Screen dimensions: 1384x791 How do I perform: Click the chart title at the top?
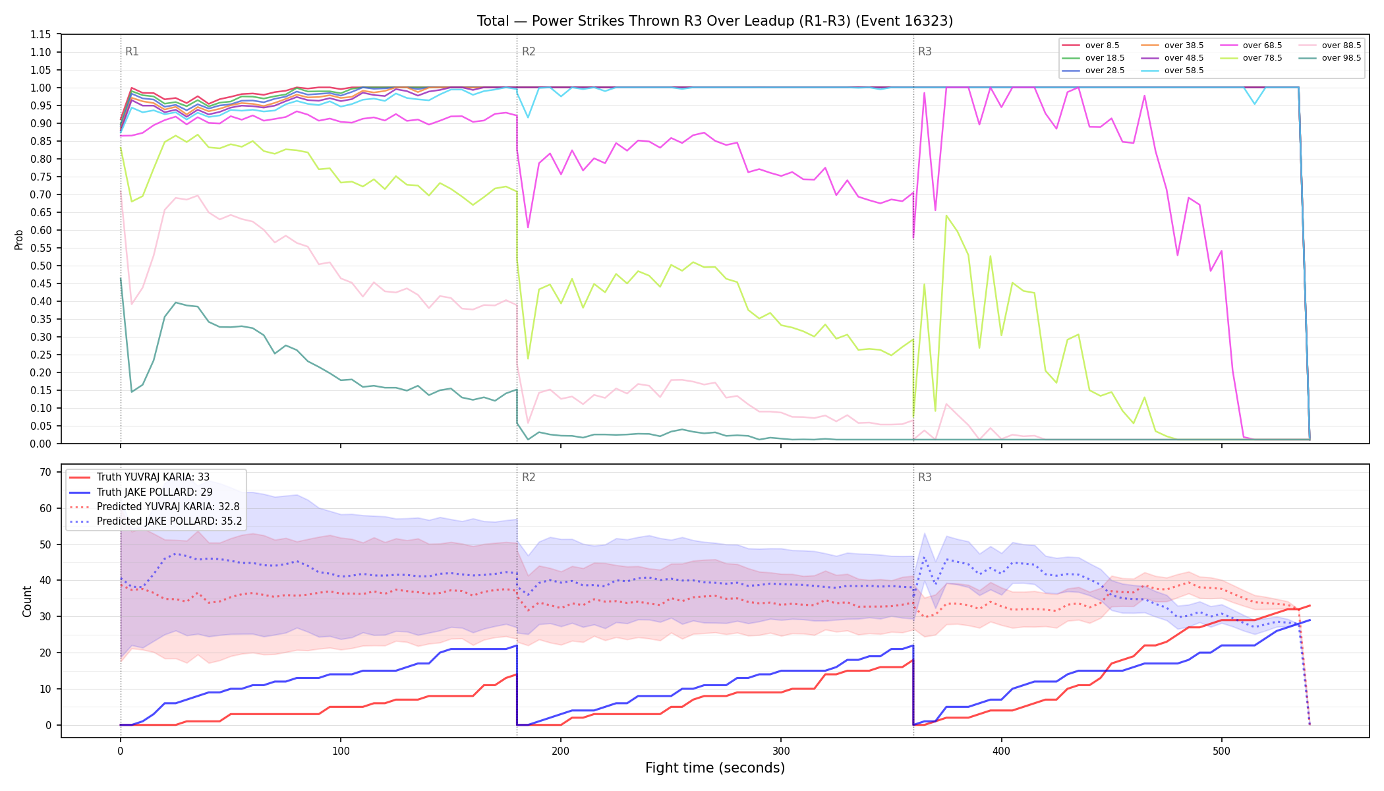(x=715, y=21)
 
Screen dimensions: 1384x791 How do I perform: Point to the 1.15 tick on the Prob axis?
(x=41, y=34)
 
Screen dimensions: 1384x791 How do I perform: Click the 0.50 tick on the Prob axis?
(x=41, y=266)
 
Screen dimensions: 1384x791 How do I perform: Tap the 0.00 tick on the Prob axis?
(x=41, y=444)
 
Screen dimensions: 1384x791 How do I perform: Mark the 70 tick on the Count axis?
(x=45, y=472)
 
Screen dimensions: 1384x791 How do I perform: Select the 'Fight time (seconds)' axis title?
(x=715, y=768)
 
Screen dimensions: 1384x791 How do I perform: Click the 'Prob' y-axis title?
(x=19, y=239)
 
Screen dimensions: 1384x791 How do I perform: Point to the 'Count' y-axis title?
(x=27, y=601)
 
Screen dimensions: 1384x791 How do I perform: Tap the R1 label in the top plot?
(x=132, y=51)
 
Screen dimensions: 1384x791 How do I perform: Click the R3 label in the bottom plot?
(x=925, y=477)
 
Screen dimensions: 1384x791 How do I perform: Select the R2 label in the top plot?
(x=529, y=51)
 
